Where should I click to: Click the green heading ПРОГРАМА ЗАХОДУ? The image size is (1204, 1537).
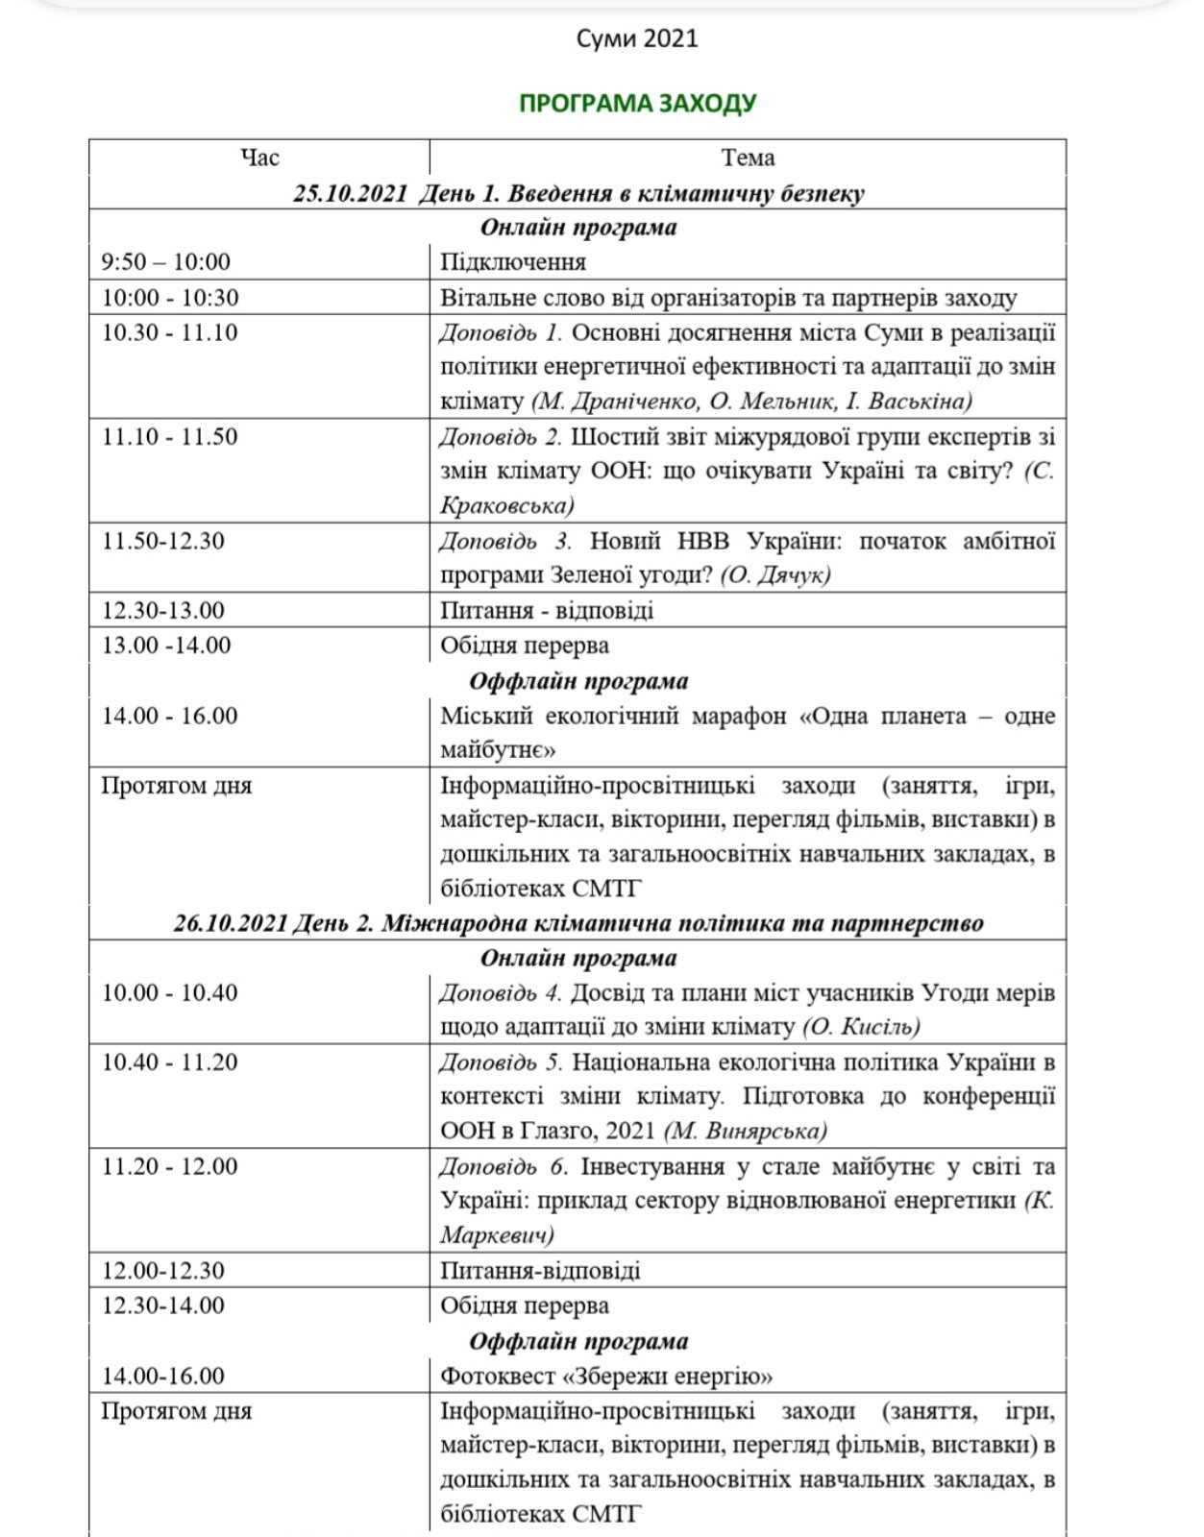point(637,103)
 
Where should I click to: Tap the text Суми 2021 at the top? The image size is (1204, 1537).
point(636,38)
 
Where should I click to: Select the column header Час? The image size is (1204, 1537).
point(259,157)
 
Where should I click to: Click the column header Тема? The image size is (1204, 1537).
point(748,157)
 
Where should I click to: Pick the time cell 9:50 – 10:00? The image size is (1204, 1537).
point(166,261)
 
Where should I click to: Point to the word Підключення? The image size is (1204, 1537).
point(513,261)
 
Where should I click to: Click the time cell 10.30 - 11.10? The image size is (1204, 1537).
point(170,332)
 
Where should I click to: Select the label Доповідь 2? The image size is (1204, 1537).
point(501,437)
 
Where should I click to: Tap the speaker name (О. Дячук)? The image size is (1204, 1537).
point(774,574)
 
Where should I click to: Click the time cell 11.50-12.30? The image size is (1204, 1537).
point(163,541)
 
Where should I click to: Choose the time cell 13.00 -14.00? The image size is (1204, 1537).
point(166,645)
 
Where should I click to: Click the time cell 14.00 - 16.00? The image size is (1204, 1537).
point(170,716)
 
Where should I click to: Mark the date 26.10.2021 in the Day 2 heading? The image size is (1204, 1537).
point(231,923)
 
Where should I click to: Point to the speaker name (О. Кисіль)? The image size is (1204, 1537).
point(861,1027)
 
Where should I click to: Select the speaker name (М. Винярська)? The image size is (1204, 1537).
point(746,1131)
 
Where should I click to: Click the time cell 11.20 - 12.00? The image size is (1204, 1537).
point(170,1166)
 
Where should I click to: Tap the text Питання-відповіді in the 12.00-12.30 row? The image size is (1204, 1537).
point(540,1271)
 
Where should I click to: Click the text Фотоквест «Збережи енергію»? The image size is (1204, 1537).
point(606,1376)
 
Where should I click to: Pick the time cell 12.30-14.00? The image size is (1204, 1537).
point(163,1305)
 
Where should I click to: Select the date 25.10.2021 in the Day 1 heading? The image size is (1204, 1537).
point(351,193)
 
